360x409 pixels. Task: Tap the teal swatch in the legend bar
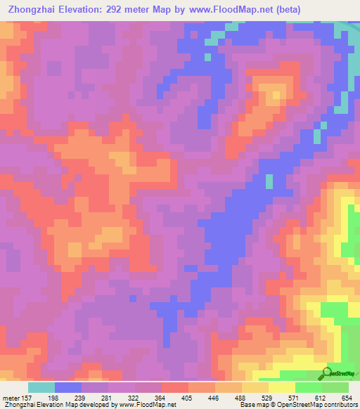(x=41, y=387)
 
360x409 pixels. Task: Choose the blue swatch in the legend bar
(x=68, y=387)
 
